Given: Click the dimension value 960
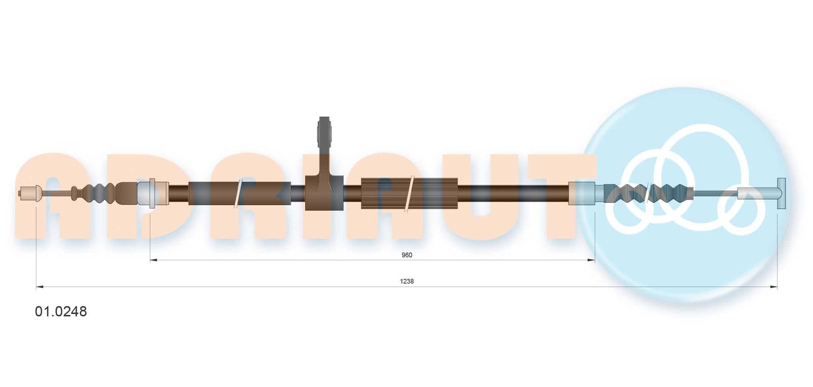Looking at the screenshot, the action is [x=407, y=255].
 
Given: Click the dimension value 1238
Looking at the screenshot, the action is [x=407, y=281].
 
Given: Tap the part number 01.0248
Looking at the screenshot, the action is [x=61, y=311].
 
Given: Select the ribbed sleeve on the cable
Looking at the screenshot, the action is [x=410, y=193].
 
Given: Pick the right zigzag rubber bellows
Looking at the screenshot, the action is [x=648, y=193].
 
